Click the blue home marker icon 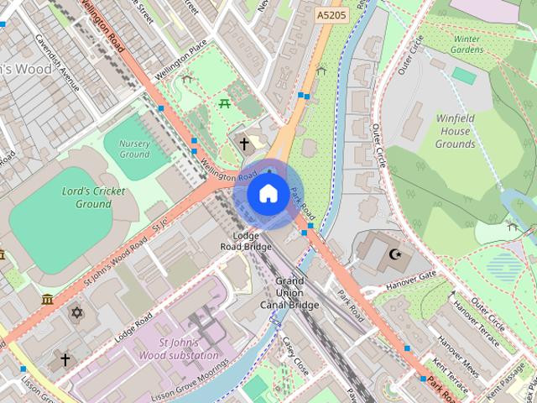tap(268, 194)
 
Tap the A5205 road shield tap(332, 15)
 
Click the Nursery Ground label tap(134, 149)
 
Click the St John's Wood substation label tap(190, 349)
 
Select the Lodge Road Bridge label tap(246, 241)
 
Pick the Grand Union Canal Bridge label tap(289, 292)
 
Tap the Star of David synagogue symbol tap(77, 313)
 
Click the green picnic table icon tap(224, 103)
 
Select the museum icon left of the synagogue tap(47, 299)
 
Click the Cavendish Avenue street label tap(58, 64)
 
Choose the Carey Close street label tap(296, 356)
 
